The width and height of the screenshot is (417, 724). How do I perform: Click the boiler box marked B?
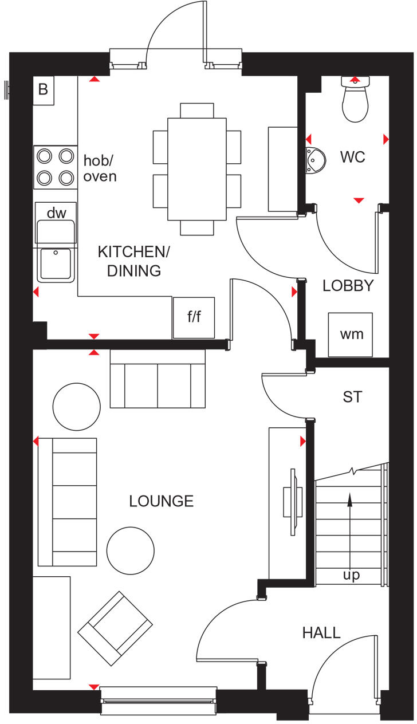tap(43, 90)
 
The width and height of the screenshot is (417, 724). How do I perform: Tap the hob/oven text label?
tap(100, 168)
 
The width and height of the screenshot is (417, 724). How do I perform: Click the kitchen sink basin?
tap(56, 264)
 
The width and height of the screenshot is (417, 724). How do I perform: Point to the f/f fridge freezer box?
tap(194, 317)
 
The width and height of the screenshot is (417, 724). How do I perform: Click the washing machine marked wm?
tap(351, 334)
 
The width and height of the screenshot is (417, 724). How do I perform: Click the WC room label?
tap(352, 157)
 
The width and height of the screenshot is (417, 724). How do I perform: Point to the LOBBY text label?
tap(348, 286)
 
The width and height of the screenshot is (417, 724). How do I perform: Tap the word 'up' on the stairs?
tap(351, 575)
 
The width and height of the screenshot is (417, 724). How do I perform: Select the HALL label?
tap(321, 632)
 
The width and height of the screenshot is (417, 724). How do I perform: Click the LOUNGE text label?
tap(161, 501)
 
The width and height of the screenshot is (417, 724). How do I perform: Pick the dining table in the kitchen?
tap(197, 168)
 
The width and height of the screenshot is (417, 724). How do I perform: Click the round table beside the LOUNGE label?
tap(131, 550)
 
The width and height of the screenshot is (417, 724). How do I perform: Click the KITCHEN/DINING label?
tap(134, 261)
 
